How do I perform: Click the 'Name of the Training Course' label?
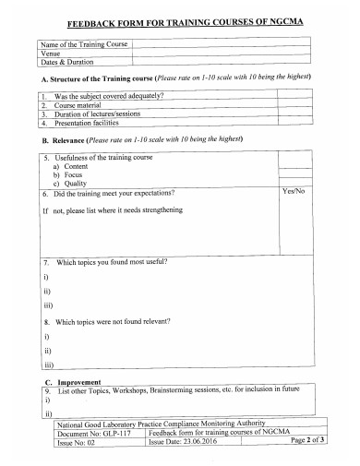pos(84,44)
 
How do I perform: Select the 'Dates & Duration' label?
pos(70,63)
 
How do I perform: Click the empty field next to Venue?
pos(222,54)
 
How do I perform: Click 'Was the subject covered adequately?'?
pos(109,96)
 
